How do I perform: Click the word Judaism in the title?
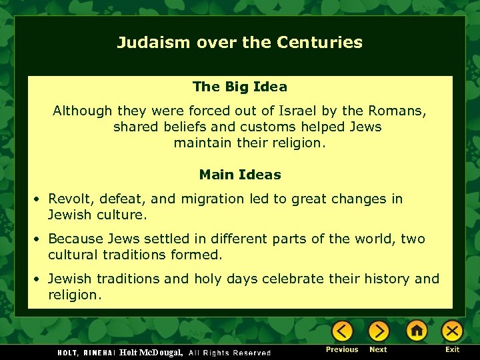tap(154, 43)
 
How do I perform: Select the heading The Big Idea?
tap(240, 87)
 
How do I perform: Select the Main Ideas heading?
tap(240, 175)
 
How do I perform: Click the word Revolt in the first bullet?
tap(70, 199)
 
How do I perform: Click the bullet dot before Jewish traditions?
tap(39, 279)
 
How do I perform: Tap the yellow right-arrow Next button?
tap(379, 331)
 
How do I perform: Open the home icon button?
tap(417, 331)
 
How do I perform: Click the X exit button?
tap(453, 331)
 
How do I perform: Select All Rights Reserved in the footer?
tap(230, 353)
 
